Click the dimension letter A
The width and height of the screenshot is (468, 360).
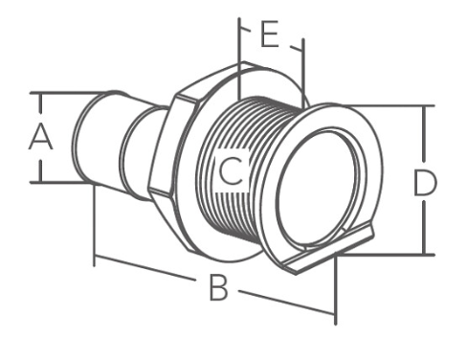(x=40, y=138)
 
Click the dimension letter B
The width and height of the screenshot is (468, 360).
(x=218, y=288)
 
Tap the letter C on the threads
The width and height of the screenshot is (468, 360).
(x=232, y=172)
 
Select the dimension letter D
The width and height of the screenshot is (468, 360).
(x=424, y=183)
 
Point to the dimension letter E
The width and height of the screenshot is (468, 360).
(x=270, y=34)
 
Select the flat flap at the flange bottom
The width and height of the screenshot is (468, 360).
(x=328, y=249)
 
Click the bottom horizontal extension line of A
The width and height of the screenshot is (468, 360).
(x=60, y=182)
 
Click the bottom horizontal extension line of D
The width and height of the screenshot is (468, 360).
(x=386, y=255)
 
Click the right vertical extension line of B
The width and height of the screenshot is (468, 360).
(x=336, y=288)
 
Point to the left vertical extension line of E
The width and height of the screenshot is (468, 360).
(x=239, y=58)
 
